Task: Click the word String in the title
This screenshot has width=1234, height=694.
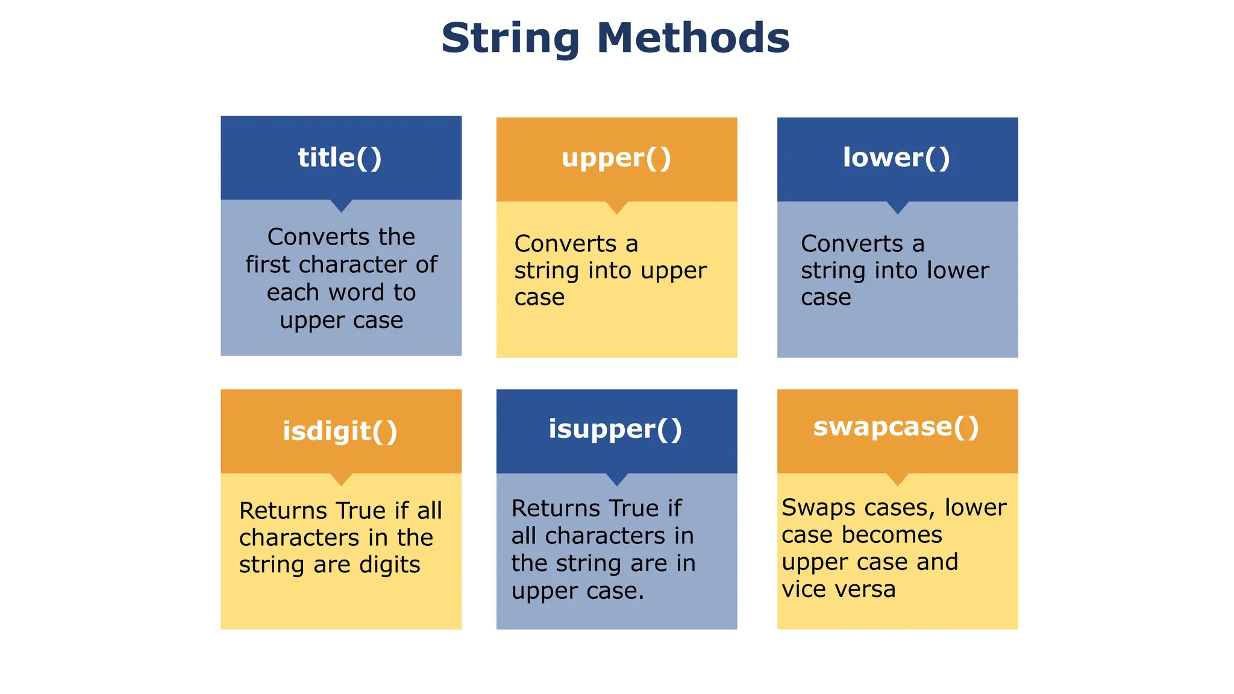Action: click(510, 39)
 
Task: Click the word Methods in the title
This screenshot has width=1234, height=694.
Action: click(693, 37)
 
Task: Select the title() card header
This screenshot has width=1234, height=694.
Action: click(340, 158)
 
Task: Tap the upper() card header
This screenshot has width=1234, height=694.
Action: click(616, 158)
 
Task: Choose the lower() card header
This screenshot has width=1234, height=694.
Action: click(897, 158)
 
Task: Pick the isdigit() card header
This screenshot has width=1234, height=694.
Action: click(340, 431)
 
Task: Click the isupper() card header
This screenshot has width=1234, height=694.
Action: click(616, 430)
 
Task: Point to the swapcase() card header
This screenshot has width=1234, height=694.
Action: click(897, 427)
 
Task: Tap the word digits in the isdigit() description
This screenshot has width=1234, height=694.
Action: click(390, 565)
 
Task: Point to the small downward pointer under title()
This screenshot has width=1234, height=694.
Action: click(341, 206)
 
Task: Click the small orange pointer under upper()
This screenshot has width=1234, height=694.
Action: click(616, 208)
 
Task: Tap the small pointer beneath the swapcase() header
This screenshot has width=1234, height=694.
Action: click(898, 480)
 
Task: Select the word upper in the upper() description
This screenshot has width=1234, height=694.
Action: click(674, 271)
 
